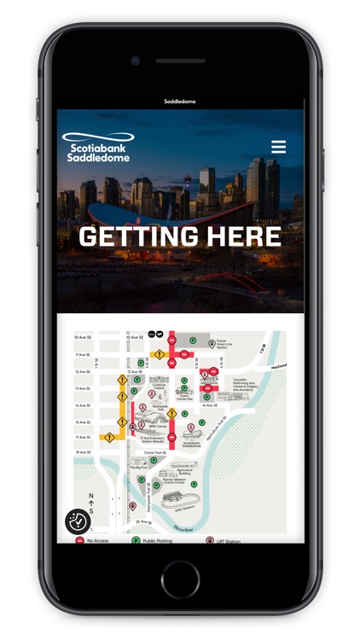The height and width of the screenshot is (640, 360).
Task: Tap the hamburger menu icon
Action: pyautogui.click(x=278, y=147)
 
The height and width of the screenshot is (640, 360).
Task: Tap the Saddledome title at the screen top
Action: pyautogui.click(x=180, y=102)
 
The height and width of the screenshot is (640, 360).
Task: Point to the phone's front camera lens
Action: pyautogui.click(x=135, y=61)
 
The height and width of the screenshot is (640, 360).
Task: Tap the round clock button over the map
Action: pyautogui.click(x=78, y=521)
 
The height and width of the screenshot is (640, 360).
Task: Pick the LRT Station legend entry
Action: pyautogui.click(x=226, y=540)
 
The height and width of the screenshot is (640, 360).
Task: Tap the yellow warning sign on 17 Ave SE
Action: pyautogui.click(x=109, y=438)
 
